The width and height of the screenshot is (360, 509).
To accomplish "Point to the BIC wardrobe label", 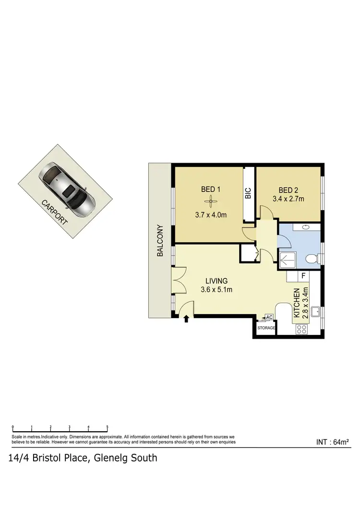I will point(248,193).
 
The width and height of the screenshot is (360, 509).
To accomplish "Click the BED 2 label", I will point(288,189).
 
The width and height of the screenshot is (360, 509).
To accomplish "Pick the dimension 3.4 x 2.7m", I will point(288,198).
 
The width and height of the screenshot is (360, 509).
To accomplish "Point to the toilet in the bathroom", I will point(312,260).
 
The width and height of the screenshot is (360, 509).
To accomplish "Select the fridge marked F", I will point(303,276).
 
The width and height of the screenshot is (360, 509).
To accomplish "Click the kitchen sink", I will point(315,313).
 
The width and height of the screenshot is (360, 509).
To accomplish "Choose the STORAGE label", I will point(267,328).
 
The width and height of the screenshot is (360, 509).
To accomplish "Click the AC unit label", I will point(269,317).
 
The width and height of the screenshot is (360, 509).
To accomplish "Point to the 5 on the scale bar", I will point(107,427).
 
